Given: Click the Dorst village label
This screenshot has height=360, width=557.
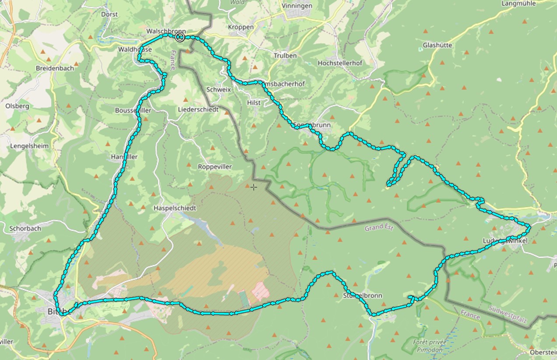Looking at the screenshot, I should (109, 14).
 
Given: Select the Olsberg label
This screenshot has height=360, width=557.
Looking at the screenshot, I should (17, 106).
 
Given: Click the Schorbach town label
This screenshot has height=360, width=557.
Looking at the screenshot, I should (25, 228).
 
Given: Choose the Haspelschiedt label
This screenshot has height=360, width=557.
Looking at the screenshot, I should (175, 208).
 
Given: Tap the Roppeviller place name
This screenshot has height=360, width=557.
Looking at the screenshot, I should (214, 167).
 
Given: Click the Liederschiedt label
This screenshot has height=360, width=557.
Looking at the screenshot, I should (198, 109).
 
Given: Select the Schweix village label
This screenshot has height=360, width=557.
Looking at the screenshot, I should (219, 89).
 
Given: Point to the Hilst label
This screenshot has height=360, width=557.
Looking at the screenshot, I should (254, 102).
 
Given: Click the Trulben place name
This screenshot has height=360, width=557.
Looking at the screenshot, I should (285, 56).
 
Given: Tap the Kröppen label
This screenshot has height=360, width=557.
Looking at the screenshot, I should (241, 27).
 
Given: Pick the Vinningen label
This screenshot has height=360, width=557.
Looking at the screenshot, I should (297, 6).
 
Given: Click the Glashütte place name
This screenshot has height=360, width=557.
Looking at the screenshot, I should (437, 45).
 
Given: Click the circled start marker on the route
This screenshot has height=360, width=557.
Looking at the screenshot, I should (179, 37).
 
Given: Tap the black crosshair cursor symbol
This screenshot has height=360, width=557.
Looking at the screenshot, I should (254, 187).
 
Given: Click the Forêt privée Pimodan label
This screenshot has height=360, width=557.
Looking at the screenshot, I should (427, 346).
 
